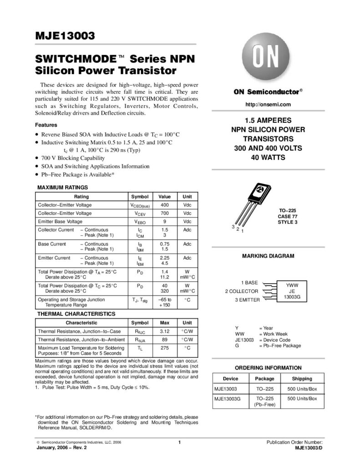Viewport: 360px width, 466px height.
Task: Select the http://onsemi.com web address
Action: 268,105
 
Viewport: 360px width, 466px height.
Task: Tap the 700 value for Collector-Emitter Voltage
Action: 164,213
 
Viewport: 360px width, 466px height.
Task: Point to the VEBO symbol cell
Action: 139,221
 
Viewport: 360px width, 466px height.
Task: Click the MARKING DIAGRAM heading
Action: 268,256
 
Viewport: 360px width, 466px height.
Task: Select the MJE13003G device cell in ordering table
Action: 228,399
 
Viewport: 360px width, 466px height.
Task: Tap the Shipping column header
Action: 302,379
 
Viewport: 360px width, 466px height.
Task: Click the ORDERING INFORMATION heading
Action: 268,368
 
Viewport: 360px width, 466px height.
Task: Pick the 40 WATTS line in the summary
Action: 268,157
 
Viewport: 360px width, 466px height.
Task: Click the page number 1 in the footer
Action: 180,442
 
